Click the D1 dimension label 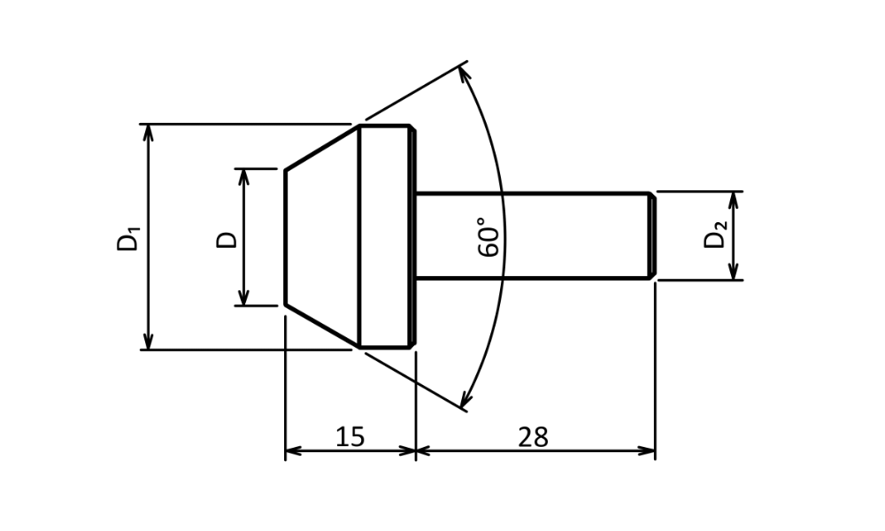point(128,238)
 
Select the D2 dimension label point(715,235)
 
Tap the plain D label point(227,239)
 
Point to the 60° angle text point(489,236)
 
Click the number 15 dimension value point(350,437)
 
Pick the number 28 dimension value point(533,437)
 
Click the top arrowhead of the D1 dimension point(148,132)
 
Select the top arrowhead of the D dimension point(244,177)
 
